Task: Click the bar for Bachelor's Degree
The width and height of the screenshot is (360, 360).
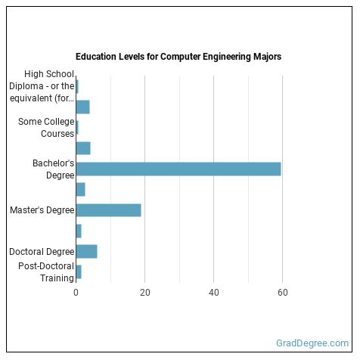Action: [x=178, y=169]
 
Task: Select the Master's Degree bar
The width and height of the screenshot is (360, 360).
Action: [x=108, y=210]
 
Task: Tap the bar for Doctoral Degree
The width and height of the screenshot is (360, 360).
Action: [x=86, y=252]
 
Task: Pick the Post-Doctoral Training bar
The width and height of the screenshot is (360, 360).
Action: [x=79, y=272]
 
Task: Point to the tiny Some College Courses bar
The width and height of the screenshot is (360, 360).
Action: [x=77, y=127]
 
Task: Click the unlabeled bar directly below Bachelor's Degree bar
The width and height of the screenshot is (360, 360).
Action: [x=80, y=189]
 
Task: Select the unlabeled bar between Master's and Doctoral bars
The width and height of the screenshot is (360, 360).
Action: [x=79, y=231]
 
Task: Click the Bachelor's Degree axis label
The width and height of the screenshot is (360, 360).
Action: [x=53, y=169]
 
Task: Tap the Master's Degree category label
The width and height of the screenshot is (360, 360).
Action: [x=42, y=210]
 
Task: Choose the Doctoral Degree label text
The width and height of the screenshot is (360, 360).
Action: [x=42, y=252]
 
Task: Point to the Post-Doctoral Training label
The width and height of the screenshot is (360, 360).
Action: [x=47, y=272]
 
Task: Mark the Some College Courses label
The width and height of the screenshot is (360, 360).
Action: [x=47, y=127]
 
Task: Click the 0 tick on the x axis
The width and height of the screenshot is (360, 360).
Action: [x=76, y=292]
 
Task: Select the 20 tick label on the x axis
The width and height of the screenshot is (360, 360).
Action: [x=144, y=292]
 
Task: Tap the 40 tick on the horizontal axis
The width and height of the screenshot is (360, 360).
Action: [x=214, y=292]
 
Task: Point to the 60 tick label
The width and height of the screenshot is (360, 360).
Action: [x=283, y=292]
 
